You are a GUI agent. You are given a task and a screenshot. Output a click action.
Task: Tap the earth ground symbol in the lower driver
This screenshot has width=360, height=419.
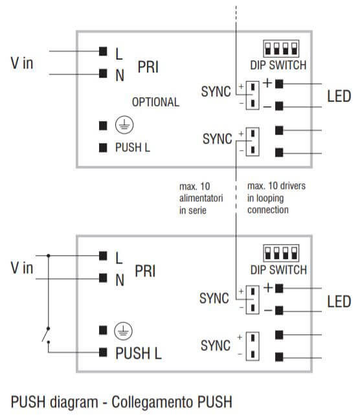coord(123,331)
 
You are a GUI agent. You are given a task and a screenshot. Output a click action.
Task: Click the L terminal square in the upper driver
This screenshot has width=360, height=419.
coord(102,51)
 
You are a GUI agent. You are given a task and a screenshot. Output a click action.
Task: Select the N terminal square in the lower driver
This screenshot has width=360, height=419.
coord(102,278)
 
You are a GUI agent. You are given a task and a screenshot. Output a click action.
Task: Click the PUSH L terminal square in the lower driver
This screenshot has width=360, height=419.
coord(102,353)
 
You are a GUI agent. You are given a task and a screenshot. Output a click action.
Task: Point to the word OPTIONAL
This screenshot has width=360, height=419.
coord(155,102)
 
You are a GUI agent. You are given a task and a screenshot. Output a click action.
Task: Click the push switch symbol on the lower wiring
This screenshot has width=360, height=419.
coord(45,335)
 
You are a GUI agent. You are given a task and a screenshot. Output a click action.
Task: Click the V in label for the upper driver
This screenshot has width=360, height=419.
coord(22,63)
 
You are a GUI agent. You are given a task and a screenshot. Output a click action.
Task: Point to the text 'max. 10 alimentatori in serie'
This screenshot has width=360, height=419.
coord(201,198)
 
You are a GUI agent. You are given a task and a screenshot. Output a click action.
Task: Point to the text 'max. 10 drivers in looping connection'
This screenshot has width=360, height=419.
coord(276,198)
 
